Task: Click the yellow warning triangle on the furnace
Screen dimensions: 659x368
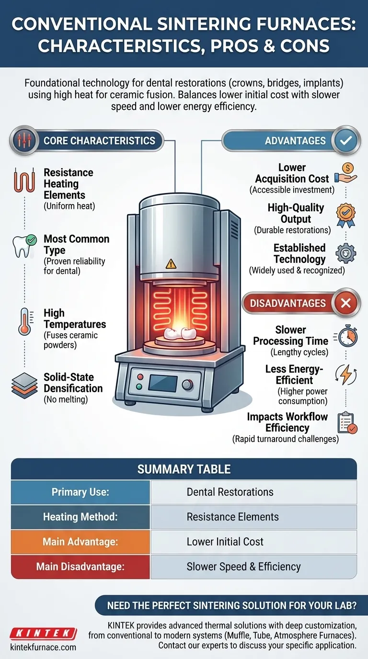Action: point(171,263)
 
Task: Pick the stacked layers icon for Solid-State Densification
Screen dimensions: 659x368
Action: point(24,386)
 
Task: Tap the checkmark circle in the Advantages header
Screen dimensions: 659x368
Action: point(345,141)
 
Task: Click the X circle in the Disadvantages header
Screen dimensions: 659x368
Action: point(345,303)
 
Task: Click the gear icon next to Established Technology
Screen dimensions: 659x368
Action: point(345,254)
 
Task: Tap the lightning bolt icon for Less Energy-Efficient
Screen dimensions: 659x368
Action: point(346,374)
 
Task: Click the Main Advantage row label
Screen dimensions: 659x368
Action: point(80,542)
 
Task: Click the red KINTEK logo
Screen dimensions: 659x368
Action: point(43,633)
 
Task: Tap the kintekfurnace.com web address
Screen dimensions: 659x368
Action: point(43,648)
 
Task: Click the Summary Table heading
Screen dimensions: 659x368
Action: point(184,469)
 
